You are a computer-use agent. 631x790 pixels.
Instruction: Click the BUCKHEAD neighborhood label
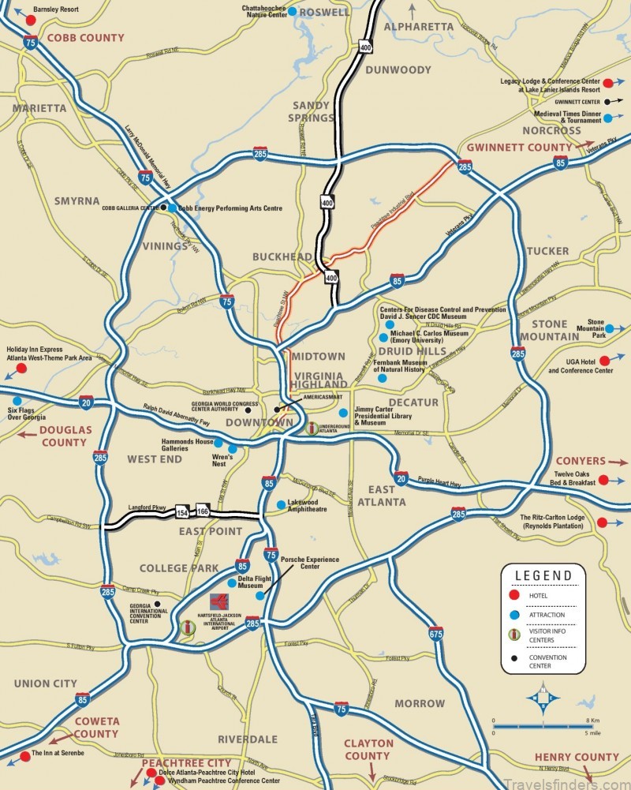click(x=282, y=257)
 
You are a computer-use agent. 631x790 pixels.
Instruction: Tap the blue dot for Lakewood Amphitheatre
click(x=281, y=505)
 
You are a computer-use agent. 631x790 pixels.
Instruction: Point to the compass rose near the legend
click(x=543, y=698)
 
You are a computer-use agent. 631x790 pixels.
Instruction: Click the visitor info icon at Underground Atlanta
click(x=312, y=429)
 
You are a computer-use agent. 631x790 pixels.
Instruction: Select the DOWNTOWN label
click(x=259, y=424)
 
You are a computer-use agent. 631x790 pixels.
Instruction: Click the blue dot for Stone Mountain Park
click(x=610, y=328)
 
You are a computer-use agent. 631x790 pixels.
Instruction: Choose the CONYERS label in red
click(x=580, y=461)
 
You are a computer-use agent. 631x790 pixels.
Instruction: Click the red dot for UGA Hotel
click(x=603, y=361)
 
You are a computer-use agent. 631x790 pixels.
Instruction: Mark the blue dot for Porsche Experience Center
click(x=259, y=596)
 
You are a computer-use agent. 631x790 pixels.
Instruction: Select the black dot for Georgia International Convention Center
click(x=159, y=605)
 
